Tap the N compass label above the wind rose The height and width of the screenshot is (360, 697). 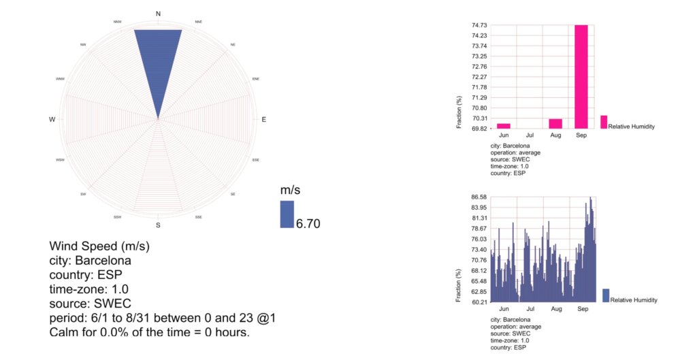pyautogui.click(x=159, y=14)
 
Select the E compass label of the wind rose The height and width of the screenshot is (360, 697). pyautogui.click(x=264, y=120)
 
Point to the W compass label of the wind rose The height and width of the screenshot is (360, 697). pyautogui.click(x=52, y=120)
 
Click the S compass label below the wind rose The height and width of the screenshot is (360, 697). pyautogui.click(x=159, y=225)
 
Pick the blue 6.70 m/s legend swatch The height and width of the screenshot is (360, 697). pyautogui.click(x=287, y=214)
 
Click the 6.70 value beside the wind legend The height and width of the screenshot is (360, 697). pyautogui.click(x=308, y=223)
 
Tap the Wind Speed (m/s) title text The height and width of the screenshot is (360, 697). pyautogui.click(x=99, y=246)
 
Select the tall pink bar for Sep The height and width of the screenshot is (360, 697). pyautogui.click(x=581, y=76)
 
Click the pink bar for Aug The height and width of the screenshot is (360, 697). pyautogui.click(x=555, y=124)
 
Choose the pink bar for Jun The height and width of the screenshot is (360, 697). pyautogui.click(x=504, y=126)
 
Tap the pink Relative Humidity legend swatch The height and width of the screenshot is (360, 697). pyautogui.click(x=604, y=121)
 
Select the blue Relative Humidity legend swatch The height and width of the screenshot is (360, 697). pyautogui.click(x=606, y=295)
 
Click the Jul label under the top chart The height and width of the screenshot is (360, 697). pyautogui.click(x=530, y=136)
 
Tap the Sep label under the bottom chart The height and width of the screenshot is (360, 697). pyautogui.click(x=583, y=309)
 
